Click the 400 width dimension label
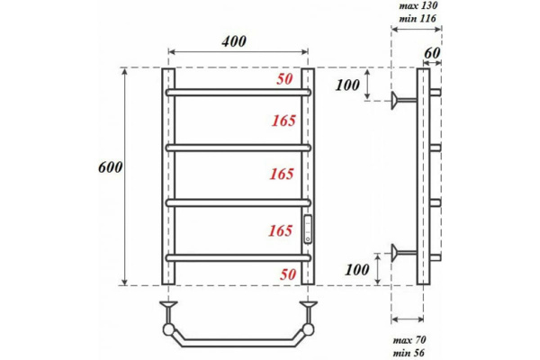[x=234, y=41]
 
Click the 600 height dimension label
[x=111, y=167]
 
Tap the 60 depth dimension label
[x=432, y=53]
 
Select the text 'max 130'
[x=418, y=5]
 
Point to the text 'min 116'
[x=418, y=18]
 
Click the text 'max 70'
[x=409, y=340]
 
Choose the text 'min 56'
[x=409, y=353]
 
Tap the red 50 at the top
[x=284, y=79]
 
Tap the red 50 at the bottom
[x=288, y=274]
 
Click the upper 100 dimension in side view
[x=347, y=85]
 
